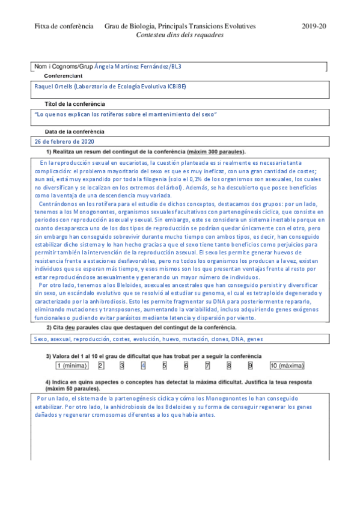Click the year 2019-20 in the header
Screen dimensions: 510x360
[313, 26]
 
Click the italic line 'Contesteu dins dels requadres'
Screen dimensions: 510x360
[180, 35]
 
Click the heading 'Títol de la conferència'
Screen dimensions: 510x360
[75, 104]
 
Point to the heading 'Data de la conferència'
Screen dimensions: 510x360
[74, 132]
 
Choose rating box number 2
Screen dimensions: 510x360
[101, 365]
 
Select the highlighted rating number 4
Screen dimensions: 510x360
[143, 365]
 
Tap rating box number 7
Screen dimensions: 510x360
[207, 365]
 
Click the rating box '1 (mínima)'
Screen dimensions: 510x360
[72, 365]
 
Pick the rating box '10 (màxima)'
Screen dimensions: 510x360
[287, 365]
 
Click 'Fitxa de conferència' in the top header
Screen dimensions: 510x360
[64, 26]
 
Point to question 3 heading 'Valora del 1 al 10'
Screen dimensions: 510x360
[154, 356]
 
